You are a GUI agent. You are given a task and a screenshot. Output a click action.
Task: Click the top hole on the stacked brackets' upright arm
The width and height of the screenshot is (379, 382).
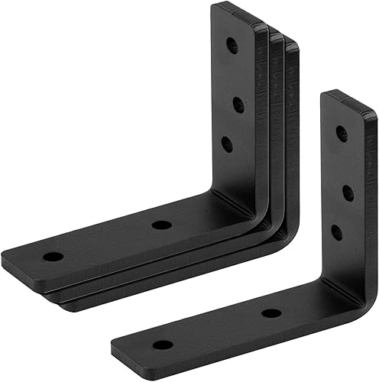232,46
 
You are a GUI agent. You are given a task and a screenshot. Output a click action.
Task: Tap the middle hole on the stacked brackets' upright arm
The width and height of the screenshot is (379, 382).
238,105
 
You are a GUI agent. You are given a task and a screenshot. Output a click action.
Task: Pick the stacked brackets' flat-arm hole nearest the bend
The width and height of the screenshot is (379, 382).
160,225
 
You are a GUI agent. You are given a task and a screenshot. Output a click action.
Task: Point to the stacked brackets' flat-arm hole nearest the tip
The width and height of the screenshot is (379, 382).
52,256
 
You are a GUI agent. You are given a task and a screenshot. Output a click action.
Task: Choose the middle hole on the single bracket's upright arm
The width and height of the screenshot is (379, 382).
348,193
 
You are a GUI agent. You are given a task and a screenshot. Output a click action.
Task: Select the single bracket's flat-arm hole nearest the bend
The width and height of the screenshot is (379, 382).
270,312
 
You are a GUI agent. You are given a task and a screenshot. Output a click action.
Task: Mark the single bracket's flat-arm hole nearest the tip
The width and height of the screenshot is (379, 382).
162,345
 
